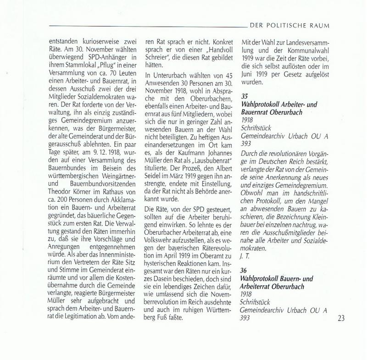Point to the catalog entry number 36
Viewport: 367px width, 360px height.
(244, 271)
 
